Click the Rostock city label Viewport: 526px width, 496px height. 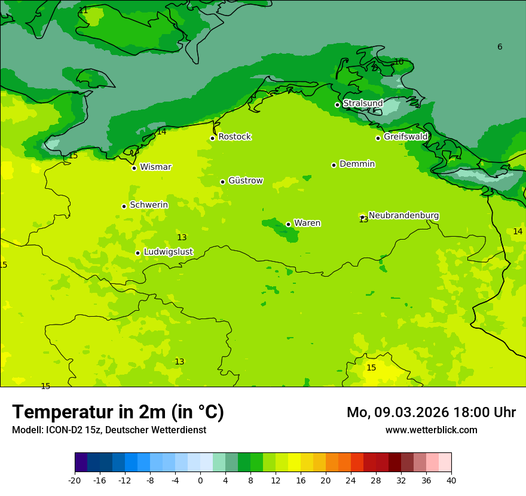click(x=234, y=137)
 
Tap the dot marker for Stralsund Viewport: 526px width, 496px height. click(x=337, y=105)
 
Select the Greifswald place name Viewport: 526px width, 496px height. click(x=405, y=137)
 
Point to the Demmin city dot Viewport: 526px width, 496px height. click(x=334, y=165)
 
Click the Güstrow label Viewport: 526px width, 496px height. click(x=245, y=180)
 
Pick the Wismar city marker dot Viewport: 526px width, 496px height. click(x=134, y=168)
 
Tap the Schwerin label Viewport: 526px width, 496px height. click(x=149, y=205)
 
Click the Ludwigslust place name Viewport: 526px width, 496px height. click(x=168, y=252)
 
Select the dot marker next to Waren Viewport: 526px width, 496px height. click(x=288, y=224)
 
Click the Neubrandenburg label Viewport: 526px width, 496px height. click(x=403, y=216)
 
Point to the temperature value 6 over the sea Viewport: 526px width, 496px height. click(x=500, y=47)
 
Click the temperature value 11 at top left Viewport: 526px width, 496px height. click(x=83, y=10)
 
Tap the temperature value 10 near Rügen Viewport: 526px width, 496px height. click(x=399, y=62)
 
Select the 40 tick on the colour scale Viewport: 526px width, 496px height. click(x=451, y=480)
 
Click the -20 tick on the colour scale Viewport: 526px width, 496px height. click(x=75, y=480)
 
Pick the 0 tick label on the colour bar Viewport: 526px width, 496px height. click(x=200, y=480)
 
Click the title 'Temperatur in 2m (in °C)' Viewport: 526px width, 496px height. click(x=118, y=412)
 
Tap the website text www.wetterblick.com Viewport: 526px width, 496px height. click(x=431, y=430)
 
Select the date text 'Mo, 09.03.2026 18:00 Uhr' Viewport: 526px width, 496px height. click(x=431, y=412)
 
